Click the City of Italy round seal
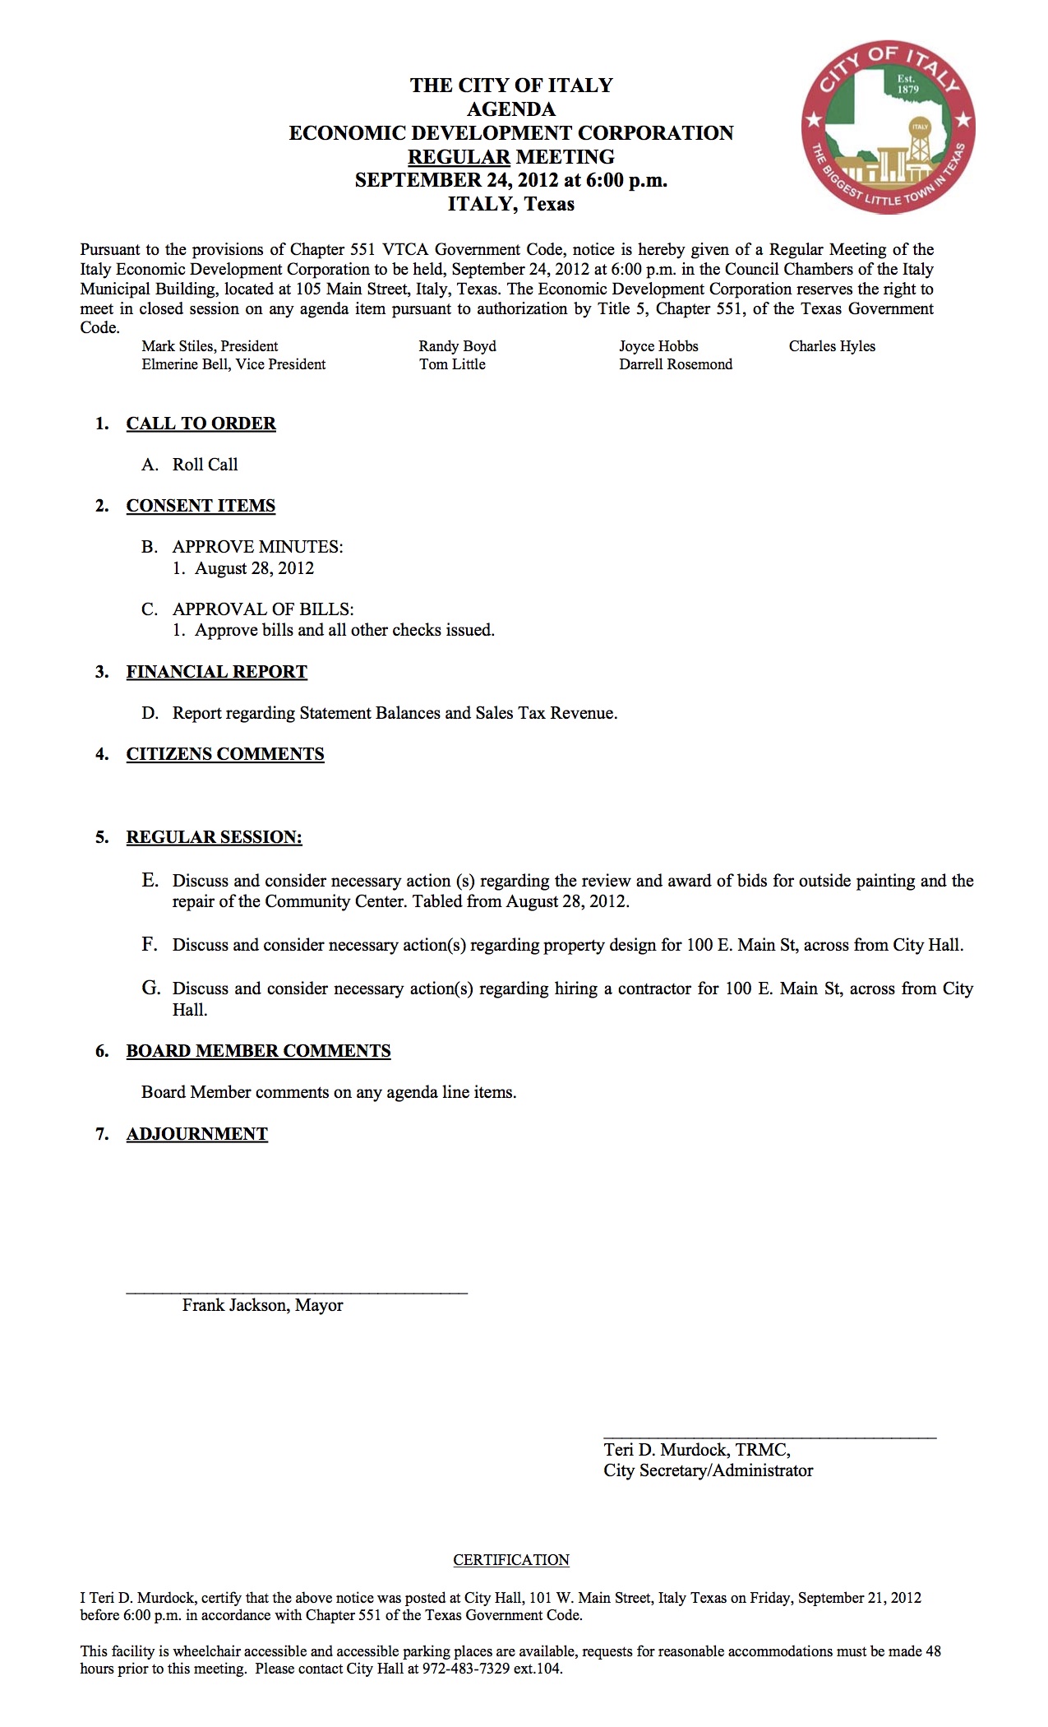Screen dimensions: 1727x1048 tap(888, 127)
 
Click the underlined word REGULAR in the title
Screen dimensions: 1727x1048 tap(459, 157)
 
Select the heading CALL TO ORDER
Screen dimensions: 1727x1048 tap(201, 424)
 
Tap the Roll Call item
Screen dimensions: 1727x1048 tap(205, 465)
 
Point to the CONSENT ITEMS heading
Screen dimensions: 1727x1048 tap(201, 506)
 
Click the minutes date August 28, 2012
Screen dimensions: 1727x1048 tap(254, 568)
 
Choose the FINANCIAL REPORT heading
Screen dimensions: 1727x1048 tap(216, 672)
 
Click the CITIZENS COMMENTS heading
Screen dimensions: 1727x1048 tap(225, 754)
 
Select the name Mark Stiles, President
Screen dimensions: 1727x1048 tap(210, 346)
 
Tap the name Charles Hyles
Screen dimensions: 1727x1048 tap(832, 346)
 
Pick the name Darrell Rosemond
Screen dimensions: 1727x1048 tap(676, 364)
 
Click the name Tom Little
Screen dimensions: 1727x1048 tap(452, 364)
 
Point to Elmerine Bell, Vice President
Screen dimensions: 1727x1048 tap(233, 364)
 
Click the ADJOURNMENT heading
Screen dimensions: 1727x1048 tap(197, 1134)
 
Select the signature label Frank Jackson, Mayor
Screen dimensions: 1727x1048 tap(262, 1305)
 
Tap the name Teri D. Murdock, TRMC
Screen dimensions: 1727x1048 tap(697, 1450)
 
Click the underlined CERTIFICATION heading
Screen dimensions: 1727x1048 tap(511, 1560)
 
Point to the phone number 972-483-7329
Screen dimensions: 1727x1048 tap(466, 1669)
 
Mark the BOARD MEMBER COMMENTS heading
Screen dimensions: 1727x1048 tap(258, 1051)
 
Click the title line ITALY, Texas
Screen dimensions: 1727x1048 tap(510, 204)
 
